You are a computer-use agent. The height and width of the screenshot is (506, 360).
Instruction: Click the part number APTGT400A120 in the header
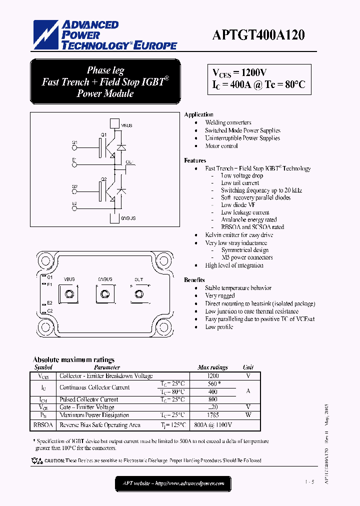(x=258, y=35)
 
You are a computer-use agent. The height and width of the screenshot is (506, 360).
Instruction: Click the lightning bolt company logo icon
(x=45, y=35)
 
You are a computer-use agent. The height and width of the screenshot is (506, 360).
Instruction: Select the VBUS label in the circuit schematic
(x=126, y=125)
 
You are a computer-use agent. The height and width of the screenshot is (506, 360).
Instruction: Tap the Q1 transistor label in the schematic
(x=103, y=135)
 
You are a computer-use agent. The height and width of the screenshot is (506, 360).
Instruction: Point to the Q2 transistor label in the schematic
(x=103, y=179)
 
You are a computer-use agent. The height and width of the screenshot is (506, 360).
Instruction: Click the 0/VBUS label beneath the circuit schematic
(x=128, y=218)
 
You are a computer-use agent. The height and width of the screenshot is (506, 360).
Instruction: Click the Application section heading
(x=198, y=114)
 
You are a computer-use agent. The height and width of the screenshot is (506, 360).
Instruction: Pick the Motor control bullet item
(x=221, y=146)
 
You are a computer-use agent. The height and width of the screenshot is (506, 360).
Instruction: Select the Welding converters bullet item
(x=228, y=122)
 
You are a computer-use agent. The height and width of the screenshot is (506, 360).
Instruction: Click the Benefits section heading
(x=194, y=280)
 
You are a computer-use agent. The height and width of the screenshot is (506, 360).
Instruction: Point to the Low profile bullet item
(x=219, y=327)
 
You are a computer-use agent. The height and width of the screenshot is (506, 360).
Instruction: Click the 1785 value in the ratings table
(x=213, y=415)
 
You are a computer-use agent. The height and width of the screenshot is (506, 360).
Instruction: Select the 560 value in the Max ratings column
(x=213, y=383)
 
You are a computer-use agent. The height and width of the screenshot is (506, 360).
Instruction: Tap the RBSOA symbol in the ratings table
(x=43, y=425)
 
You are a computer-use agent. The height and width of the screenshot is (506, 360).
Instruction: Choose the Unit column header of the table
(x=248, y=367)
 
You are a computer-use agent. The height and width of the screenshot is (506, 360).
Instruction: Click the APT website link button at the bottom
(x=173, y=483)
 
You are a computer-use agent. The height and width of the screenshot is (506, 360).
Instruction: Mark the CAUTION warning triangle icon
(x=39, y=461)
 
